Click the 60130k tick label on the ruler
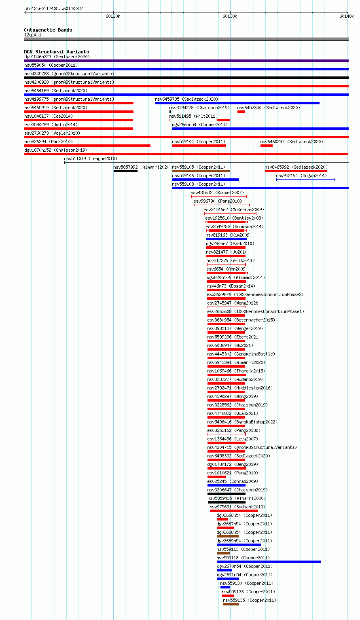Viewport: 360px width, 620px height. click(230, 16)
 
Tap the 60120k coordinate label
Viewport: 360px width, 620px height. click(113, 16)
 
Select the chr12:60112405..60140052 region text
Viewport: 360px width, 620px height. click(53, 8)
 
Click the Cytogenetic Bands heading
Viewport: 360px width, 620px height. click(48, 30)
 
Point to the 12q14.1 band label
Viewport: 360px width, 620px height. click(33, 35)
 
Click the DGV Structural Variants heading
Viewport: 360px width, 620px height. click(57, 52)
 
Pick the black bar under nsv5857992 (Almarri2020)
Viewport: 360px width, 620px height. click(125, 171)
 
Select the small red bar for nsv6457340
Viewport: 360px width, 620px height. click(241, 112)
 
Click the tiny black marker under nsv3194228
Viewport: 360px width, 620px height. click(170, 112)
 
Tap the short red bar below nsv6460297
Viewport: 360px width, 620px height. click(267, 146)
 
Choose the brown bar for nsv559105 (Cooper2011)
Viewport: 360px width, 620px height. click(201, 171)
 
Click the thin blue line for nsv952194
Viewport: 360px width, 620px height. click(306, 180)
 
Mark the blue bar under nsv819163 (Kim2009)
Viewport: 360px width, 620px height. click(226, 239)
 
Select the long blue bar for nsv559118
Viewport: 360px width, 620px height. click(269, 562)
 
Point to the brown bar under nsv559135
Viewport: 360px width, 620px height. click(231, 604)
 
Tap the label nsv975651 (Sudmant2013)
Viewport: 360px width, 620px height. click(237, 507)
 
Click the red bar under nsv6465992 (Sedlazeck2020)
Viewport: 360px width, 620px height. click(296, 171)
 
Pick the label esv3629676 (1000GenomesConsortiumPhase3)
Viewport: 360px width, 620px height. click(255, 294)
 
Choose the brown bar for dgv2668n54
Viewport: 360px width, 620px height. click(228, 536)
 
